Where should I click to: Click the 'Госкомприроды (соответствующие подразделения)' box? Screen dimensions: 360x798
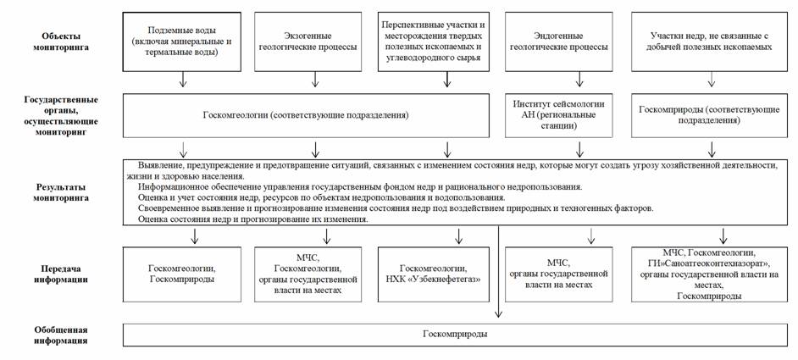710,114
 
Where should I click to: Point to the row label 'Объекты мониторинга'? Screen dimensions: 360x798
64,42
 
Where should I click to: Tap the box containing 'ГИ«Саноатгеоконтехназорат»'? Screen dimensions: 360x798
710,273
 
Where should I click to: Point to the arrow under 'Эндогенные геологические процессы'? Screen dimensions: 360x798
579,80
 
